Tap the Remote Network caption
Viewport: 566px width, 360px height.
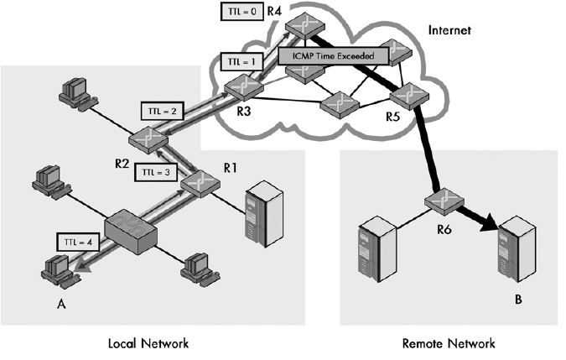coord(449,343)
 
